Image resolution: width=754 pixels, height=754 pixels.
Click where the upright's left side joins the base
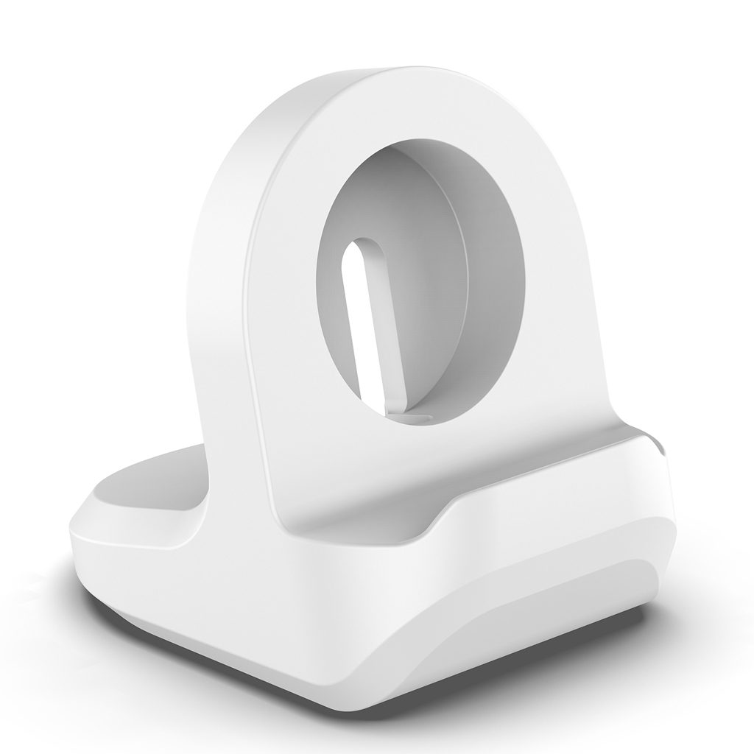[210, 508]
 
